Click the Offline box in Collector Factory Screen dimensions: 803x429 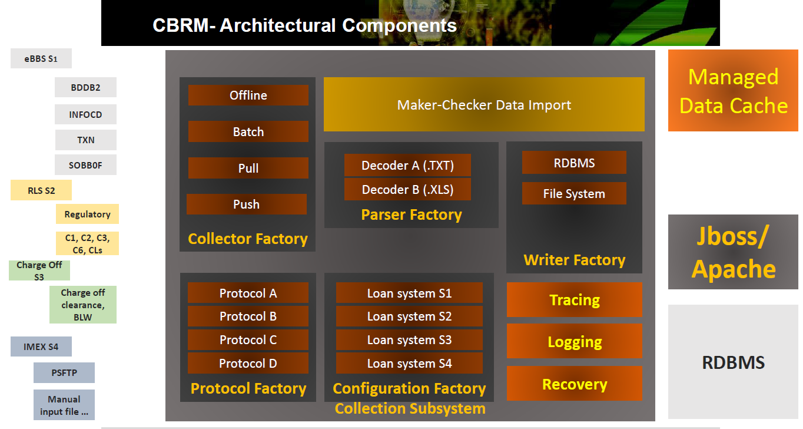click(248, 95)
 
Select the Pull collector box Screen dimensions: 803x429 click(248, 168)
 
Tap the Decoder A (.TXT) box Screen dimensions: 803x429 click(407, 165)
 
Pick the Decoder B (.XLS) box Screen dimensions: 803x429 click(407, 189)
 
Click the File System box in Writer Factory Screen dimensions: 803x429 click(574, 193)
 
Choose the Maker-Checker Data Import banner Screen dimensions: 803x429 click(484, 104)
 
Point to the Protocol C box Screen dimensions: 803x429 click(248, 339)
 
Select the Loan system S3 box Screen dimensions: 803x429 click(409, 339)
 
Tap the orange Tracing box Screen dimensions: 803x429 click(575, 300)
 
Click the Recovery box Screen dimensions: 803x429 click(575, 384)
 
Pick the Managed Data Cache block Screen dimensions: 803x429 click(733, 90)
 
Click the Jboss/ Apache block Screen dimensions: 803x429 click(733, 252)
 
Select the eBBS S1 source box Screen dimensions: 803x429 click(41, 58)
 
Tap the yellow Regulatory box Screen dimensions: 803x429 click(87, 214)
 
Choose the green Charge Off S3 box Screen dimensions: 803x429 click(39, 270)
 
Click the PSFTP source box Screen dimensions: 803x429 click(64, 372)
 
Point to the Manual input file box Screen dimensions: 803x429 click(64, 405)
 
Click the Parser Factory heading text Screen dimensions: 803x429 click(411, 214)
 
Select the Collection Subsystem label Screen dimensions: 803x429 click(410, 408)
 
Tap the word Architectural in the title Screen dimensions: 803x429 click(277, 25)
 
